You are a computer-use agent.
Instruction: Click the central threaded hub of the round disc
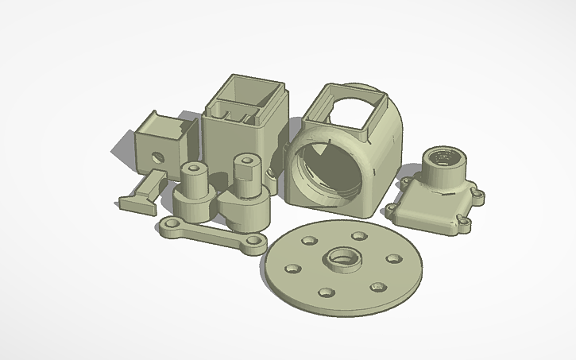click(341, 259)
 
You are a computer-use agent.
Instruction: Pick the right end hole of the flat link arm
click(255, 240)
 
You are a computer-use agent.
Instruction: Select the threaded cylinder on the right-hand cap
click(442, 168)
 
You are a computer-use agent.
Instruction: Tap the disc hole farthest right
click(392, 258)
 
